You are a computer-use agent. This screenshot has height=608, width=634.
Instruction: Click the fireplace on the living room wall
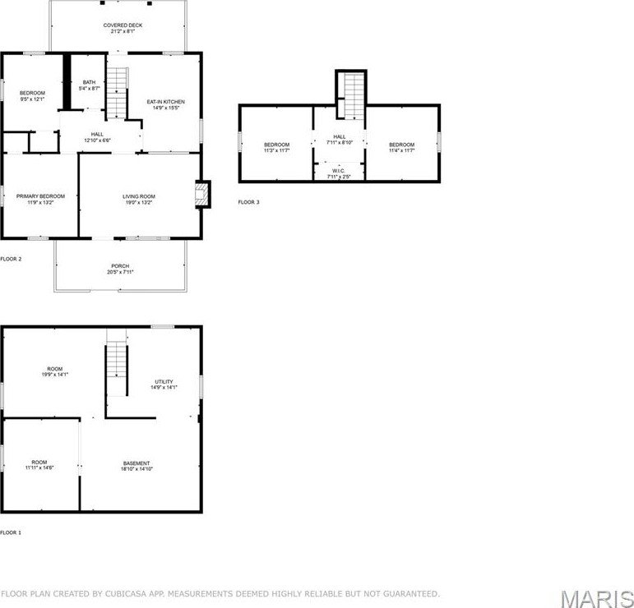click(201, 194)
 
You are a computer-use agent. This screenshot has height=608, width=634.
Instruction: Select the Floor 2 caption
click(11, 259)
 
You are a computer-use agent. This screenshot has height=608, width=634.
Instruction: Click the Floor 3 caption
click(248, 202)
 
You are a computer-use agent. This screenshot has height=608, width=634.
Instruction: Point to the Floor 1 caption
click(11, 532)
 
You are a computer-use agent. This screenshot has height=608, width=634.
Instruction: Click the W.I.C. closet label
click(338, 173)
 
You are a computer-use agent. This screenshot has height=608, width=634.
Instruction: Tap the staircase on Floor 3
click(352, 95)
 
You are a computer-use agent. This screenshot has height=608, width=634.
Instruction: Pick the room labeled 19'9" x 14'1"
click(55, 371)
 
